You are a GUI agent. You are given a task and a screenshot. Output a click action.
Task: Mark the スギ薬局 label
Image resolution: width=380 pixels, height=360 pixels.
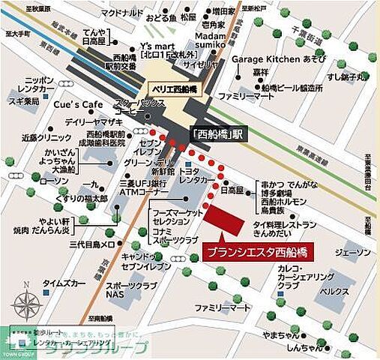click(x=22, y=100)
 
